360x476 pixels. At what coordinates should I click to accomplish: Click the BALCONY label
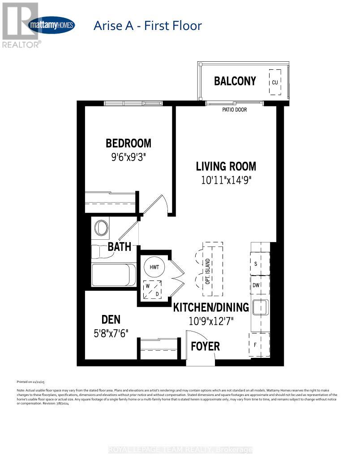235,81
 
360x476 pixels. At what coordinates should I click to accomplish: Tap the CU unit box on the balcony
274,82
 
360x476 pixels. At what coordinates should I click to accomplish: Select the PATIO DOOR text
235,110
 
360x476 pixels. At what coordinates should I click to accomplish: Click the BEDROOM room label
129,143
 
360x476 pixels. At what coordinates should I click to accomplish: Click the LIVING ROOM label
226,167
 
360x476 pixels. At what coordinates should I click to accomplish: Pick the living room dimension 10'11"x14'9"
226,181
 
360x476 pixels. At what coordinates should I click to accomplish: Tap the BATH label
120,246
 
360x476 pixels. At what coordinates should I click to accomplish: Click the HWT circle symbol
154,267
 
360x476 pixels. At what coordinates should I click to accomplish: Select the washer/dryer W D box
152,289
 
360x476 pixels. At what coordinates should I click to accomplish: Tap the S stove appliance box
260,264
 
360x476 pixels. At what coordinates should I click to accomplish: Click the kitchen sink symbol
260,308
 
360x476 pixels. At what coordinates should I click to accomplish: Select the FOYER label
206,346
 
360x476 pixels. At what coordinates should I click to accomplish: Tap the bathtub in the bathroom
114,275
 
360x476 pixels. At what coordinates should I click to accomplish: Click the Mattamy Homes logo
51,25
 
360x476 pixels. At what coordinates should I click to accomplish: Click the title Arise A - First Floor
147,25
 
